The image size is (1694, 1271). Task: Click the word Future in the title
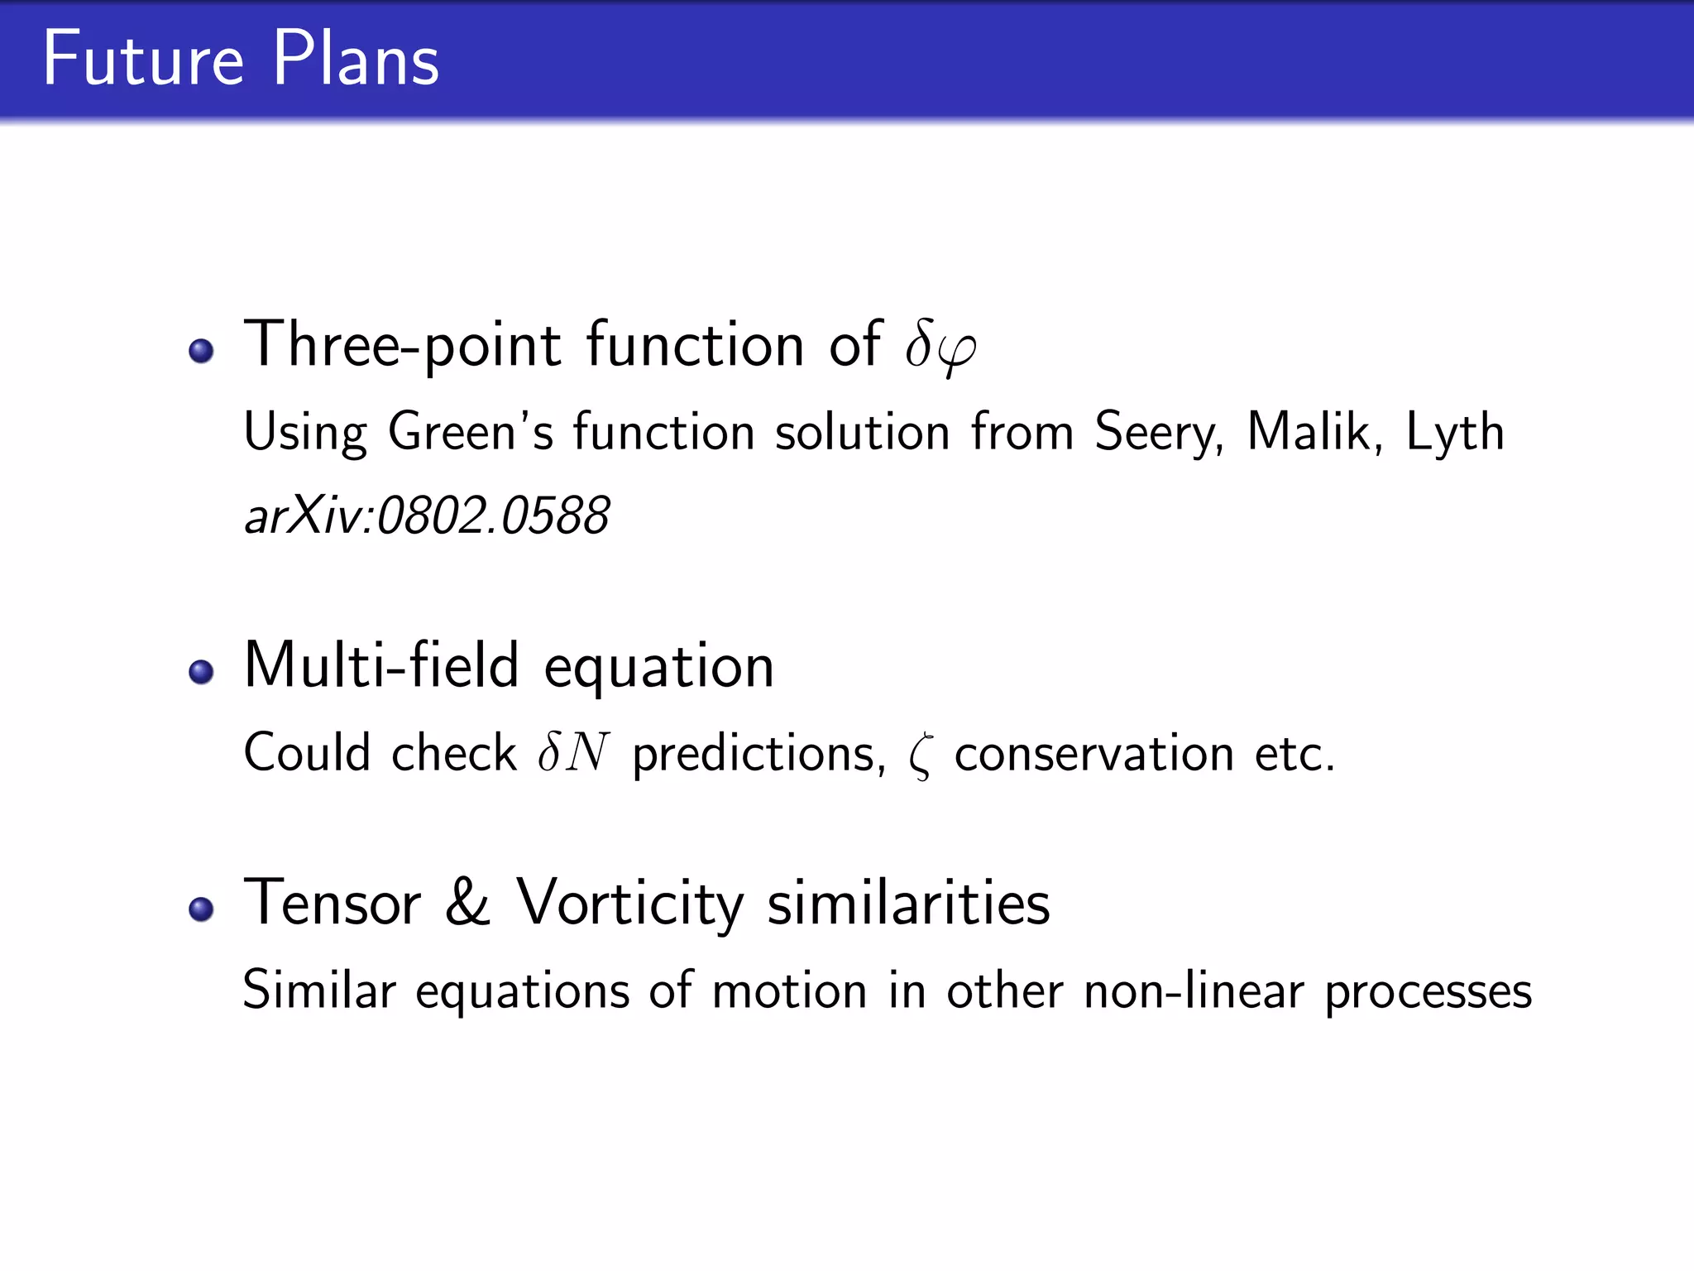click(x=143, y=59)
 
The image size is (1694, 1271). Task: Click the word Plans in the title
click(x=356, y=59)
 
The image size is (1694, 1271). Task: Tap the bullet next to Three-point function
click(x=201, y=350)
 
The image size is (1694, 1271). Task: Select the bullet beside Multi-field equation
click(x=201, y=671)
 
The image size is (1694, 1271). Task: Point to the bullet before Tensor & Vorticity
click(x=201, y=909)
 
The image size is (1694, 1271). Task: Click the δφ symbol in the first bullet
click(x=940, y=346)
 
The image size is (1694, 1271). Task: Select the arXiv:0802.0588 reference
click(x=427, y=516)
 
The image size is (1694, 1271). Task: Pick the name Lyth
click(x=1454, y=433)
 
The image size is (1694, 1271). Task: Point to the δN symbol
click(x=573, y=752)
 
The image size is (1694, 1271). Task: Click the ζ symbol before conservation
click(x=920, y=756)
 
